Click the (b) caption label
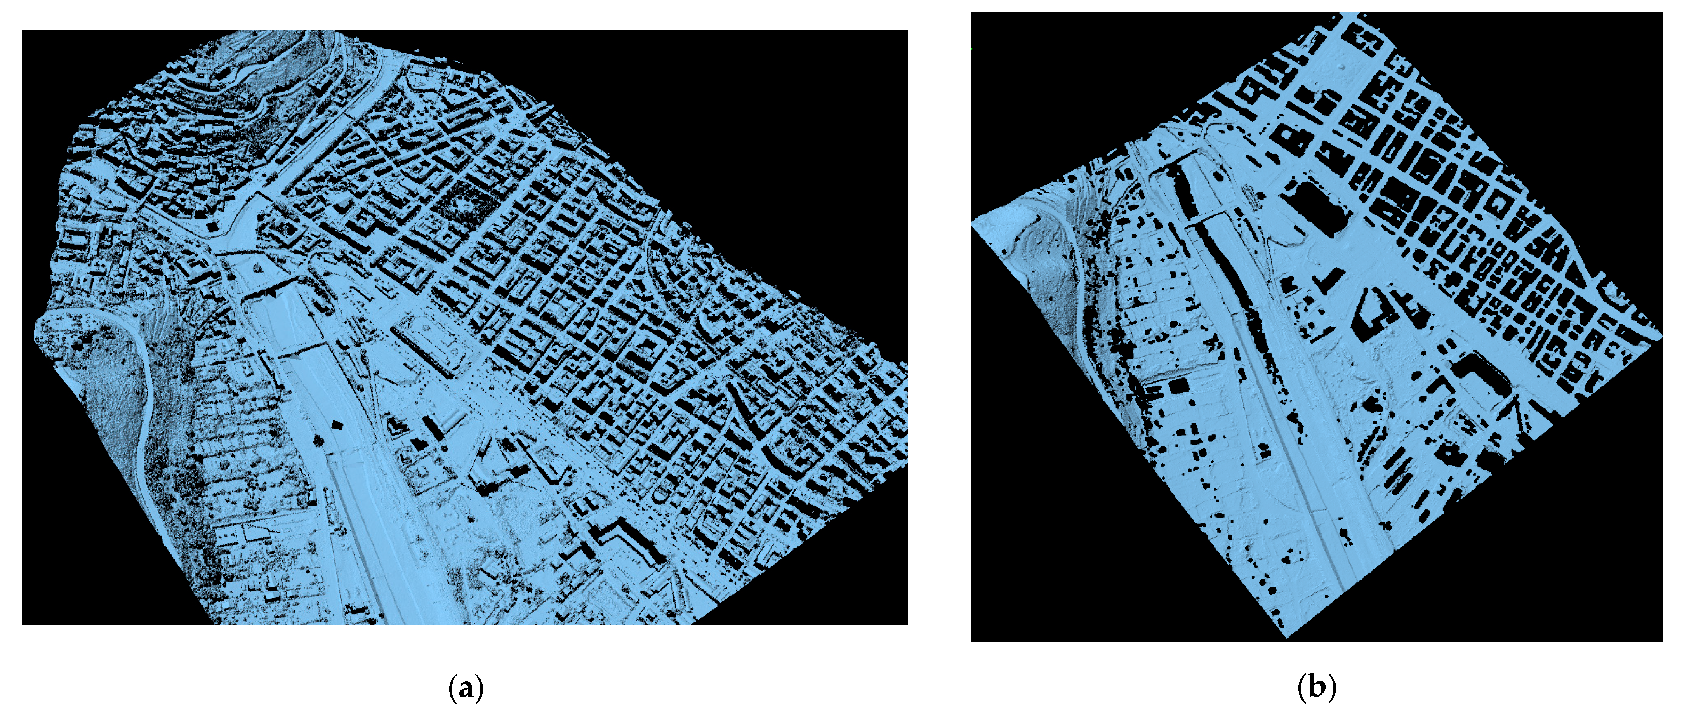pos(1317,688)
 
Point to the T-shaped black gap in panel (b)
pos(1328,280)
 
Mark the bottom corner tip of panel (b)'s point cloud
pos(1287,637)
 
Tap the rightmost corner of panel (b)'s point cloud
pos(1661,337)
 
